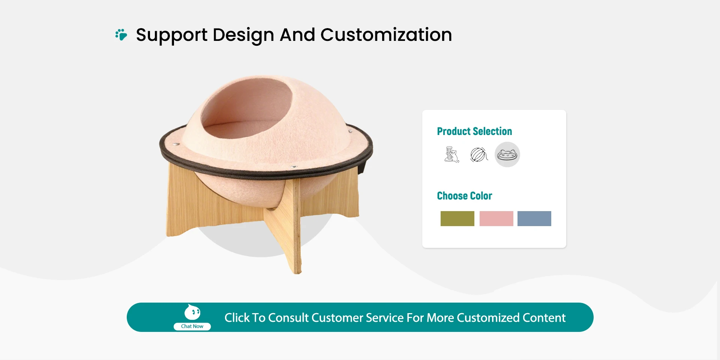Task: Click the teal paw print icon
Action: [x=121, y=34]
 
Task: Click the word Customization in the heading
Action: [x=386, y=35]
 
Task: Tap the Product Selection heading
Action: [x=474, y=131]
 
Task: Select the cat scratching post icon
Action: [x=451, y=154]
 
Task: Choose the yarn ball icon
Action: [x=479, y=154]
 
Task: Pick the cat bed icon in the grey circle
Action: [x=507, y=154]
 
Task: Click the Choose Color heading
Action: [x=464, y=196]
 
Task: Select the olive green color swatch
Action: [x=457, y=219]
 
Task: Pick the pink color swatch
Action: [x=496, y=219]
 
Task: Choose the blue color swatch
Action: [x=534, y=219]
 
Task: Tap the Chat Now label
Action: [x=192, y=326]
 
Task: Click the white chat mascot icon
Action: [x=192, y=312]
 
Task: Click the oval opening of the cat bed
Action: [x=247, y=109]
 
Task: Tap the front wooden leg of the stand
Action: [x=287, y=225]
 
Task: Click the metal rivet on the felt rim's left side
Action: [x=177, y=144]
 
